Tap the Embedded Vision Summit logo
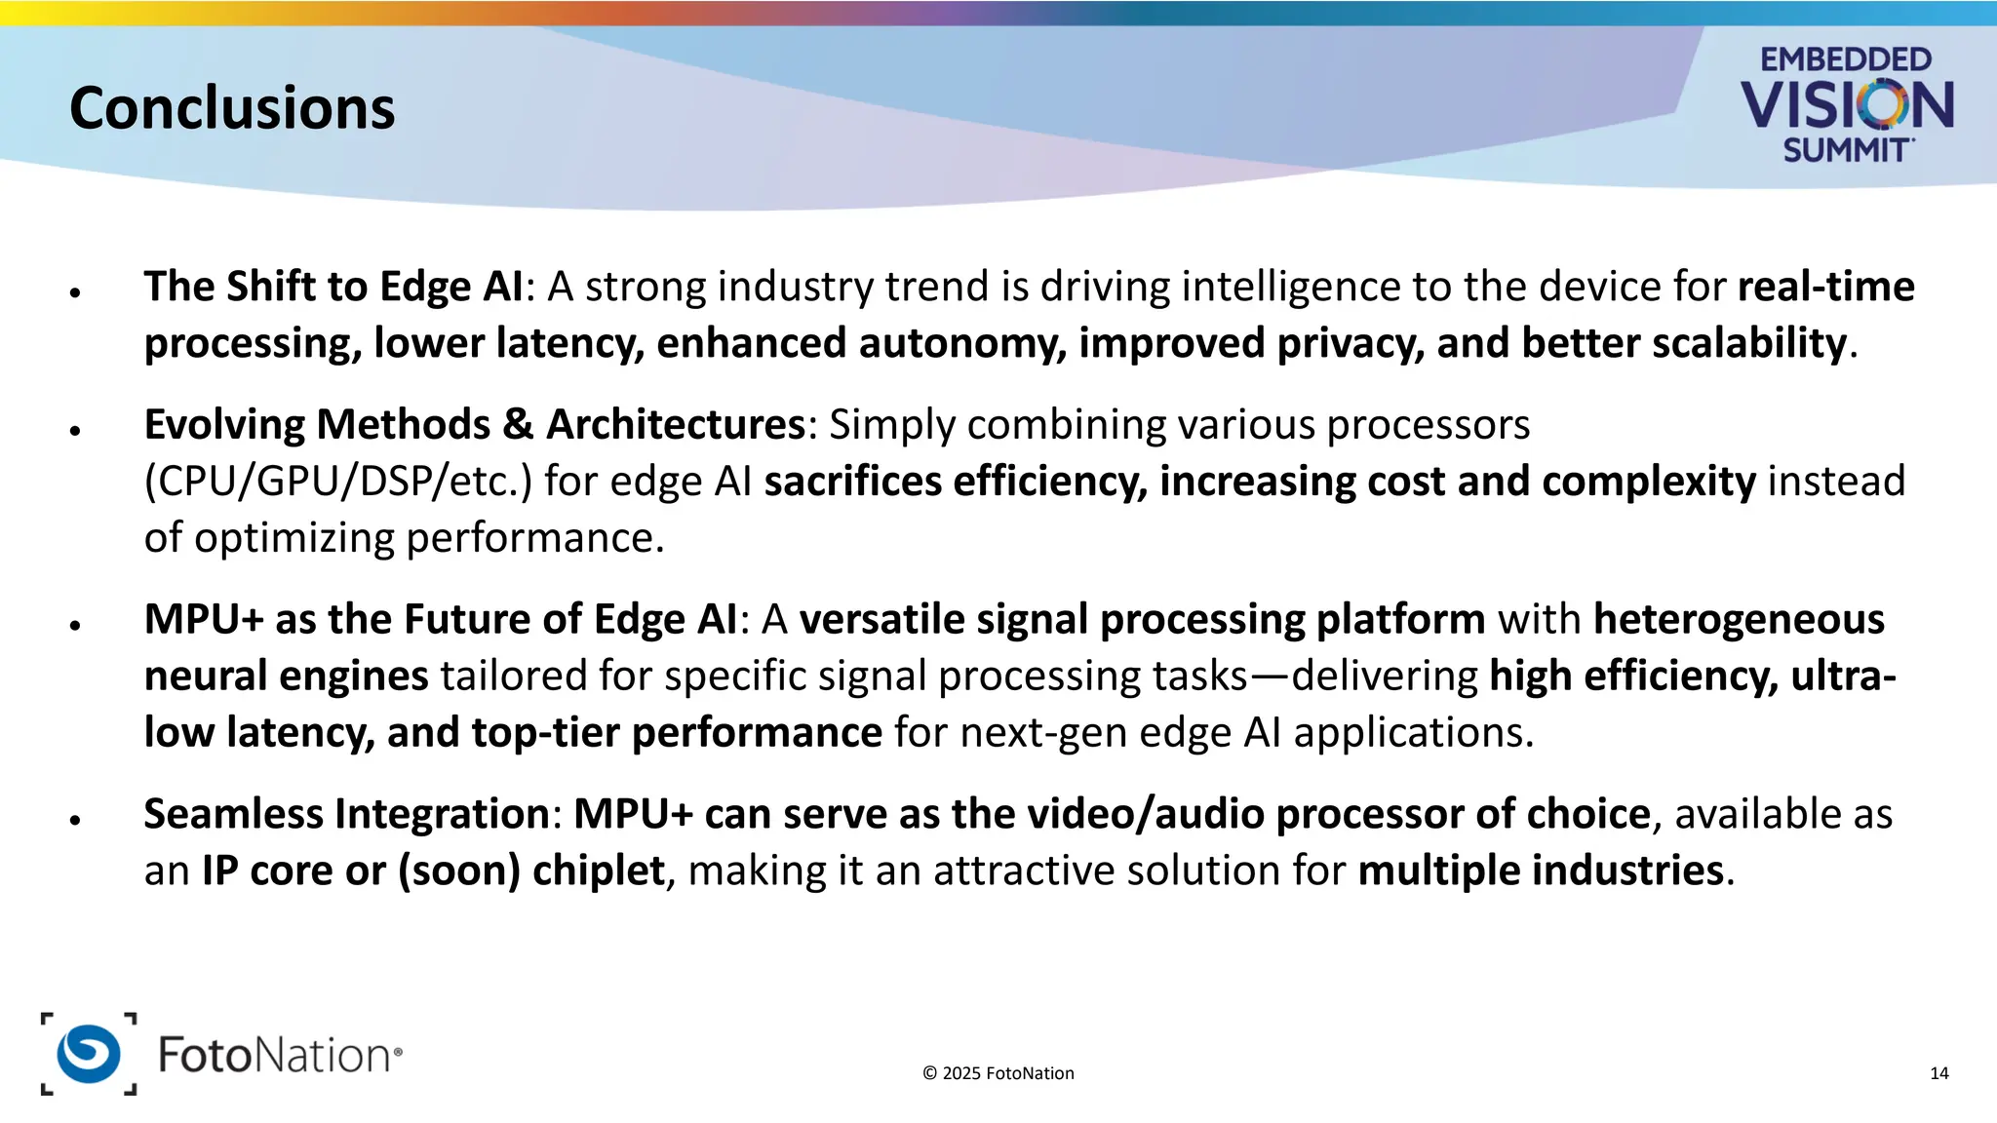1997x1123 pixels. click(1846, 104)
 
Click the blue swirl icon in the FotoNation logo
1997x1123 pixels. click(89, 1054)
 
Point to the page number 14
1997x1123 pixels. click(1938, 1073)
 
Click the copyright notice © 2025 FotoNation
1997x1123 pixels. click(998, 1073)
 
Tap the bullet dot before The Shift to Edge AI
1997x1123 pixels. click(75, 291)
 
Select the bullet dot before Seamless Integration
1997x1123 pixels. click(75, 820)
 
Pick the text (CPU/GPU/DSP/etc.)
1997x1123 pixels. click(338, 482)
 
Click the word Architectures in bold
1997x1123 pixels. click(676, 425)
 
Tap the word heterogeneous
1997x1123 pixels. click(1739, 620)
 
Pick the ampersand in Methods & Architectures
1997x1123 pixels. click(519, 425)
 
